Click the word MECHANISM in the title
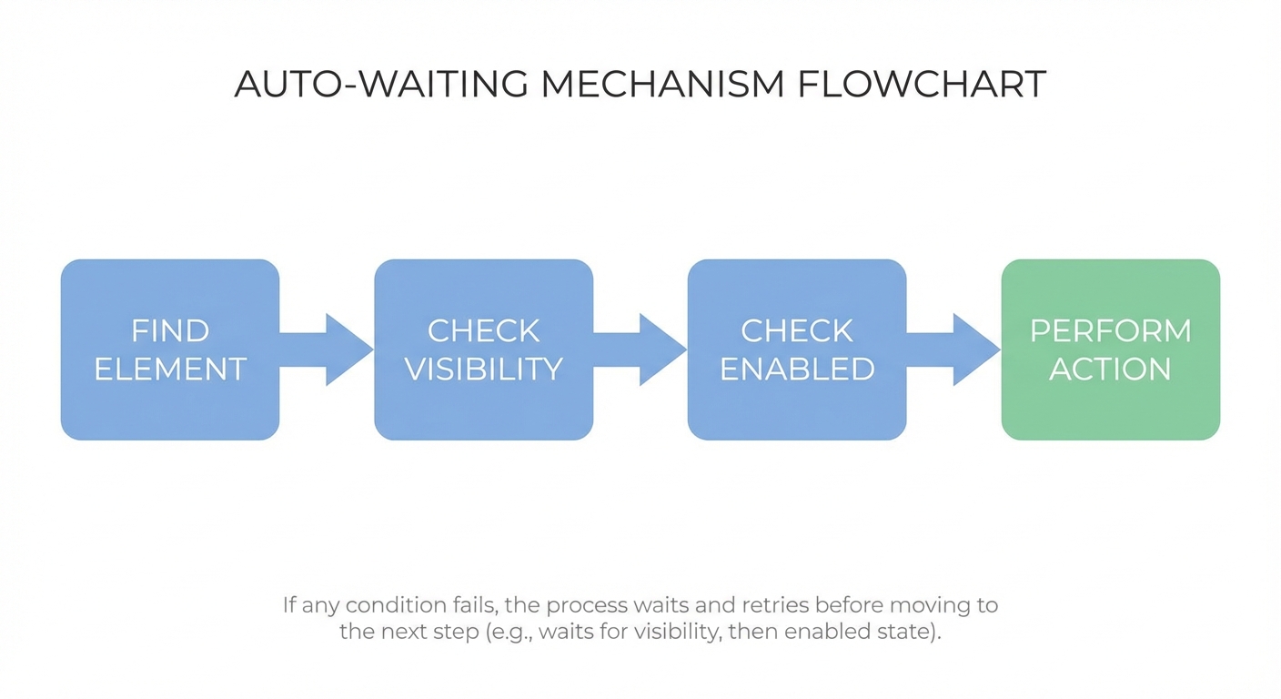(661, 84)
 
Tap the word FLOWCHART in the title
(922, 84)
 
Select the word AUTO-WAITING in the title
(381, 84)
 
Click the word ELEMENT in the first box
(170, 369)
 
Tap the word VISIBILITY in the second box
(483, 369)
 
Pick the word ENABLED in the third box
(797, 369)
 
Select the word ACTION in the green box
(1110, 369)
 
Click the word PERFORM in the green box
(1110, 330)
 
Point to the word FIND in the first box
(170, 330)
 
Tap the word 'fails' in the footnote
(473, 605)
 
